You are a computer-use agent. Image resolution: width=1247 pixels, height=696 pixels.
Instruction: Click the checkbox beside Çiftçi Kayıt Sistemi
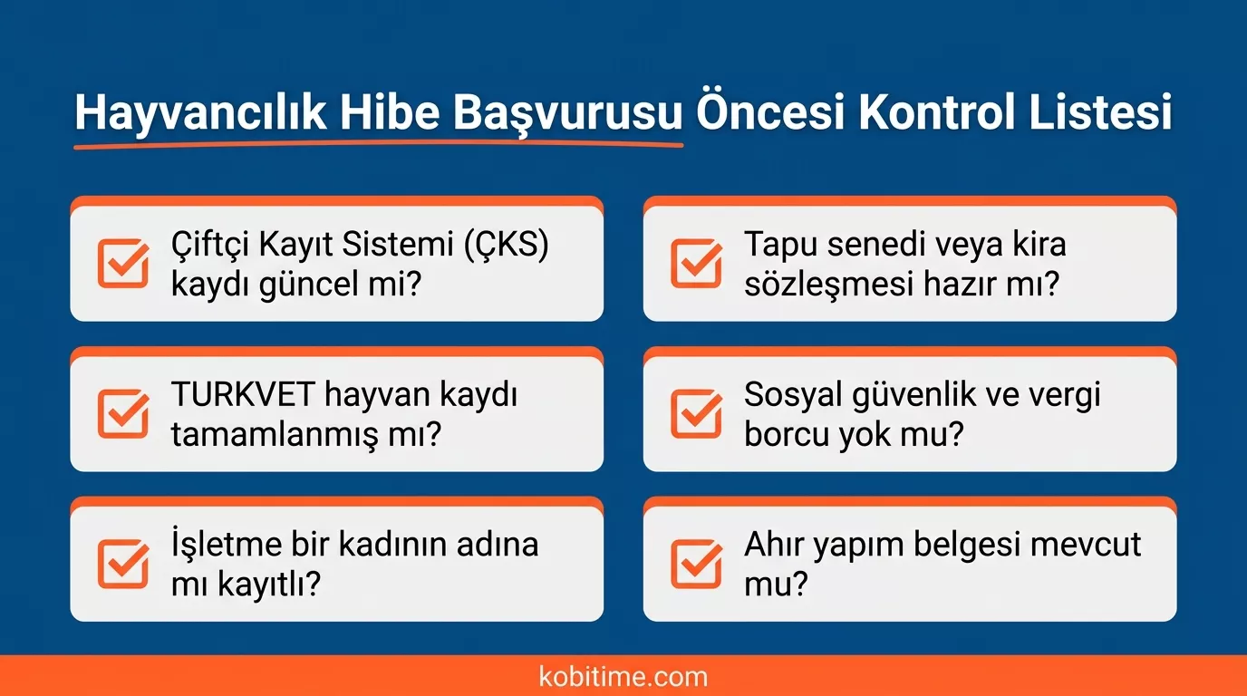[x=123, y=263]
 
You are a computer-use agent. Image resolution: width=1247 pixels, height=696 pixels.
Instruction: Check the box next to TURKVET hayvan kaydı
[x=123, y=412]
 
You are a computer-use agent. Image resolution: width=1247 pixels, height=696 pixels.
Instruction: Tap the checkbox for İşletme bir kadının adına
[x=123, y=563]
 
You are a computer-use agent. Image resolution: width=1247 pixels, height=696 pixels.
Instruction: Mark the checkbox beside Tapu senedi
[x=696, y=263]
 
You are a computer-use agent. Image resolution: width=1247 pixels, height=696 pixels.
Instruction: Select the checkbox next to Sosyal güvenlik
[x=696, y=412]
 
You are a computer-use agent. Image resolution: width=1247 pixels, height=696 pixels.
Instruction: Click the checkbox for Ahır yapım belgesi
[x=696, y=563]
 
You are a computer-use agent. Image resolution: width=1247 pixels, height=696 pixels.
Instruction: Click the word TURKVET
[x=242, y=395]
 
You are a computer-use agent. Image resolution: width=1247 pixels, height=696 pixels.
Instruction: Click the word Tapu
[x=780, y=245]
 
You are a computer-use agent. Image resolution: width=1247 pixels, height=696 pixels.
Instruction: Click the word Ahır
[x=772, y=545]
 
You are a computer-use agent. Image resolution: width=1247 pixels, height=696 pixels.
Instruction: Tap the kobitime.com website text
[x=623, y=676]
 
